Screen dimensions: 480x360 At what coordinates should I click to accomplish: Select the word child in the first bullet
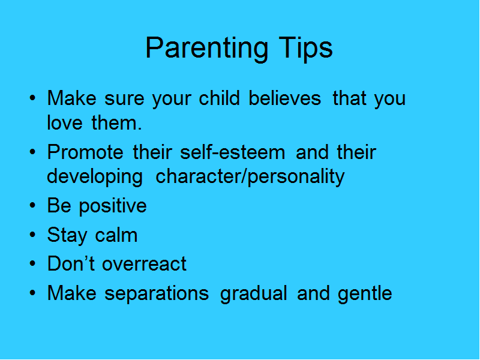[219, 98]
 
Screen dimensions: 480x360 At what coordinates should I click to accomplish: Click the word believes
[284, 98]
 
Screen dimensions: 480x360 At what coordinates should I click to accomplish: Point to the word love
[65, 122]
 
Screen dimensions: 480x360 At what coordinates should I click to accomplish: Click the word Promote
[85, 152]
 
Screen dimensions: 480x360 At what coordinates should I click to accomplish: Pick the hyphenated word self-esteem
[232, 152]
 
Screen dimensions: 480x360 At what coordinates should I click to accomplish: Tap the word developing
[95, 178]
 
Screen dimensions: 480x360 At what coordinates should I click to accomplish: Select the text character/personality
[250, 178]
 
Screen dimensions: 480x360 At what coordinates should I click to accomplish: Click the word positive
[113, 206]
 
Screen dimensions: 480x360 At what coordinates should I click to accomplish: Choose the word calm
[116, 235]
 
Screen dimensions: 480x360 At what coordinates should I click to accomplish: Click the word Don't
[71, 263]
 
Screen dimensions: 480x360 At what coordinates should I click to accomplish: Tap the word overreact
[144, 264]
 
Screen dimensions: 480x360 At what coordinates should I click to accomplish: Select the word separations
[157, 294]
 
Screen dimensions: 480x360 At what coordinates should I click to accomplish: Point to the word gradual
[253, 294]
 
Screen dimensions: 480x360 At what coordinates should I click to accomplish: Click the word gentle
[365, 294]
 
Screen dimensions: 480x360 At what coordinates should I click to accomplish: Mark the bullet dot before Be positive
[33, 205]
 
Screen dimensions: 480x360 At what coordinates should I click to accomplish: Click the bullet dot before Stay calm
[33, 235]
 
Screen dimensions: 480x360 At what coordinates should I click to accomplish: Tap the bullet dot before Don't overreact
[33, 263]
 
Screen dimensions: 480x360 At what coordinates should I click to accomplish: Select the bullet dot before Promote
[33, 152]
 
